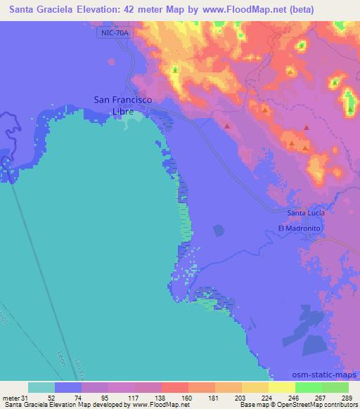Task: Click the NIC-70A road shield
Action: click(115, 33)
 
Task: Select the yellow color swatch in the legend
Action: click(281, 387)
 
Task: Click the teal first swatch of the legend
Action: click(41, 387)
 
